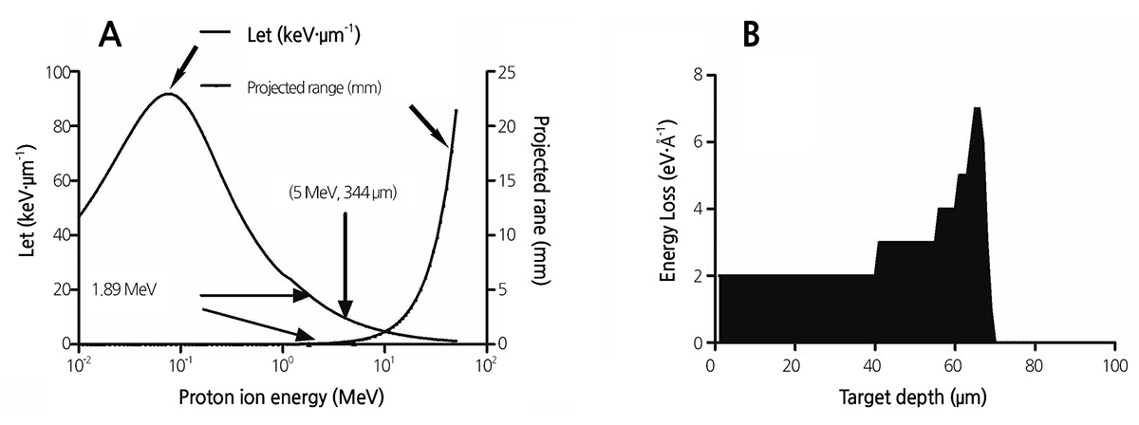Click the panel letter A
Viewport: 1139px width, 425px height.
pyautogui.click(x=110, y=35)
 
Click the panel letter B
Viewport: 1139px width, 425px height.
pyautogui.click(x=752, y=35)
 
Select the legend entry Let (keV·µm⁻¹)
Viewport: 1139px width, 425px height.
pyautogui.click(x=304, y=35)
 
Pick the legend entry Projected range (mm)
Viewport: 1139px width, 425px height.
pyautogui.click(x=314, y=87)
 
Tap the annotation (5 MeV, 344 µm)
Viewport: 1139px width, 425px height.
pyautogui.click(x=343, y=194)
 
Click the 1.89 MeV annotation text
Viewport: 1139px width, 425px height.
pyautogui.click(x=124, y=289)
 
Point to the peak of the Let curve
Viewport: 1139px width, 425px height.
pyautogui.click(x=168, y=94)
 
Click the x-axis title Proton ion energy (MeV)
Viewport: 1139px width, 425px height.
pyautogui.click(x=281, y=397)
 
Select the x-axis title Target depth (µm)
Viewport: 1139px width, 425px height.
pyautogui.click(x=913, y=397)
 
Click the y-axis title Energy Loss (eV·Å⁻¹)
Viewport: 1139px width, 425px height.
pyautogui.click(x=668, y=201)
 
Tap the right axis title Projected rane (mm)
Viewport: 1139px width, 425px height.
pyautogui.click(x=542, y=201)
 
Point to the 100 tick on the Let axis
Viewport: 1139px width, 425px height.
pyautogui.click(x=58, y=72)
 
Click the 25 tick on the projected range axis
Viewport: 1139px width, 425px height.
pyautogui.click(x=506, y=72)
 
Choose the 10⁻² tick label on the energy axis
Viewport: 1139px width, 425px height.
pyautogui.click(x=78, y=364)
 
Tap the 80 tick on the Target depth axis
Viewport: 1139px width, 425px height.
pyautogui.click(x=1035, y=365)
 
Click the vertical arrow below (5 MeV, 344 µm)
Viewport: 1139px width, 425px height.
pyautogui.click(x=345, y=265)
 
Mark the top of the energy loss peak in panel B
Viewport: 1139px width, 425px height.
pyautogui.click(x=977, y=108)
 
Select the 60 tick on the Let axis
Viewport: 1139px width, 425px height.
pyautogui.click(x=62, y=181)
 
